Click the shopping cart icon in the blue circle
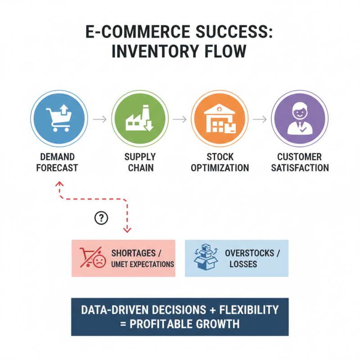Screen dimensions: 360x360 [x=59, y=118]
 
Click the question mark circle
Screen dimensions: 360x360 [x=101, y=218]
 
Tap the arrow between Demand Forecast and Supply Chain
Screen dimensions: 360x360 [x=99, y=119]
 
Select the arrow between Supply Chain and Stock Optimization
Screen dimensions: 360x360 [x=180, y=119]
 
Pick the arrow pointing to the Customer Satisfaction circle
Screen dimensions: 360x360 [x=260, y=119]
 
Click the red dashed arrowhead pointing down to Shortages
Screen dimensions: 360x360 [x=127, y=229]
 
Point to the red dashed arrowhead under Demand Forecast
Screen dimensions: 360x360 [x=59, y=184]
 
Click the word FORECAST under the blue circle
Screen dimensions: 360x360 [x=57, y=168]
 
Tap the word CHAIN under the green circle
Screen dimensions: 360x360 [x=141, y=168]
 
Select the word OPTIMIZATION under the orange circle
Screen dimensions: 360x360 [x=220, y=168]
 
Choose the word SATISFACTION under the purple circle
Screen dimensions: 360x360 [x=300, y=168]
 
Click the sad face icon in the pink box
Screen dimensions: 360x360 [x=99, y=261]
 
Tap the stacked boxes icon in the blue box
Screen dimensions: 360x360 [x=206, y=257]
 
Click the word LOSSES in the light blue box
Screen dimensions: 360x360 [x=243, y=264]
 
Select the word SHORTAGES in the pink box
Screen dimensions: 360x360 [x=133, y=253]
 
